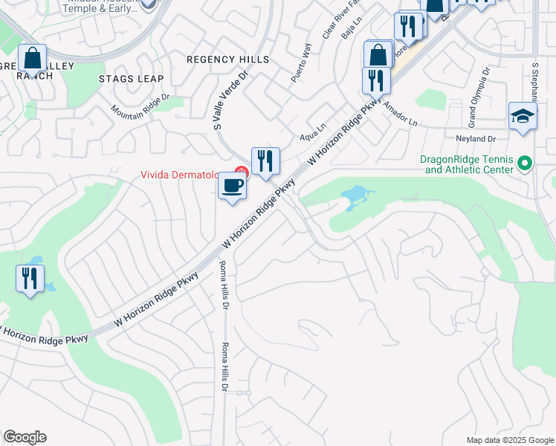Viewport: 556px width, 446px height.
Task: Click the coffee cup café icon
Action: (232, 186)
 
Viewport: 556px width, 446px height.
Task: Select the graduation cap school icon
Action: (523, 117)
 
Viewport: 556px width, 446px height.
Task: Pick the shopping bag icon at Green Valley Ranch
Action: (32, 58)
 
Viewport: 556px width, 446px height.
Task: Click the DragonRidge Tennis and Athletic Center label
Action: (467, 164)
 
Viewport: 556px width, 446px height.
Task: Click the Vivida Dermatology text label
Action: (180, 175)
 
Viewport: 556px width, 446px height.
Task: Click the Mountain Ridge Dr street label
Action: (141, 105)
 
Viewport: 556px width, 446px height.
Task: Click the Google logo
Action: (25, 437)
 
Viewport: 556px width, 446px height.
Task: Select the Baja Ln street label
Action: (346, 33)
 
